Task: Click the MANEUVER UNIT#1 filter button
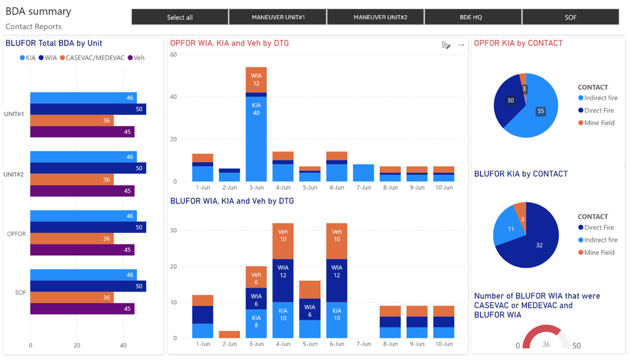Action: (278, 17)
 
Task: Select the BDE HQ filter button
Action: (473, 17)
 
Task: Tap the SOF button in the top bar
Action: (570, 17)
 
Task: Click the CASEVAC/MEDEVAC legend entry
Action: (92, 58)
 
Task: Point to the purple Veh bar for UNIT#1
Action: (82, 132)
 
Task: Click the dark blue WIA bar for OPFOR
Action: (88, 227)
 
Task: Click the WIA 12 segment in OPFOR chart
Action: (256, 80)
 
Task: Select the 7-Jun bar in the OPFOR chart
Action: (363, 173)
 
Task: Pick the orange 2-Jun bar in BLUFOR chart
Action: (229, 335)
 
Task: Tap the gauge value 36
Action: (546, 344)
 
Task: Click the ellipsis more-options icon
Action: (461, 45)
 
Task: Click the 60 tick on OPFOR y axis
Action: (173, 55)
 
